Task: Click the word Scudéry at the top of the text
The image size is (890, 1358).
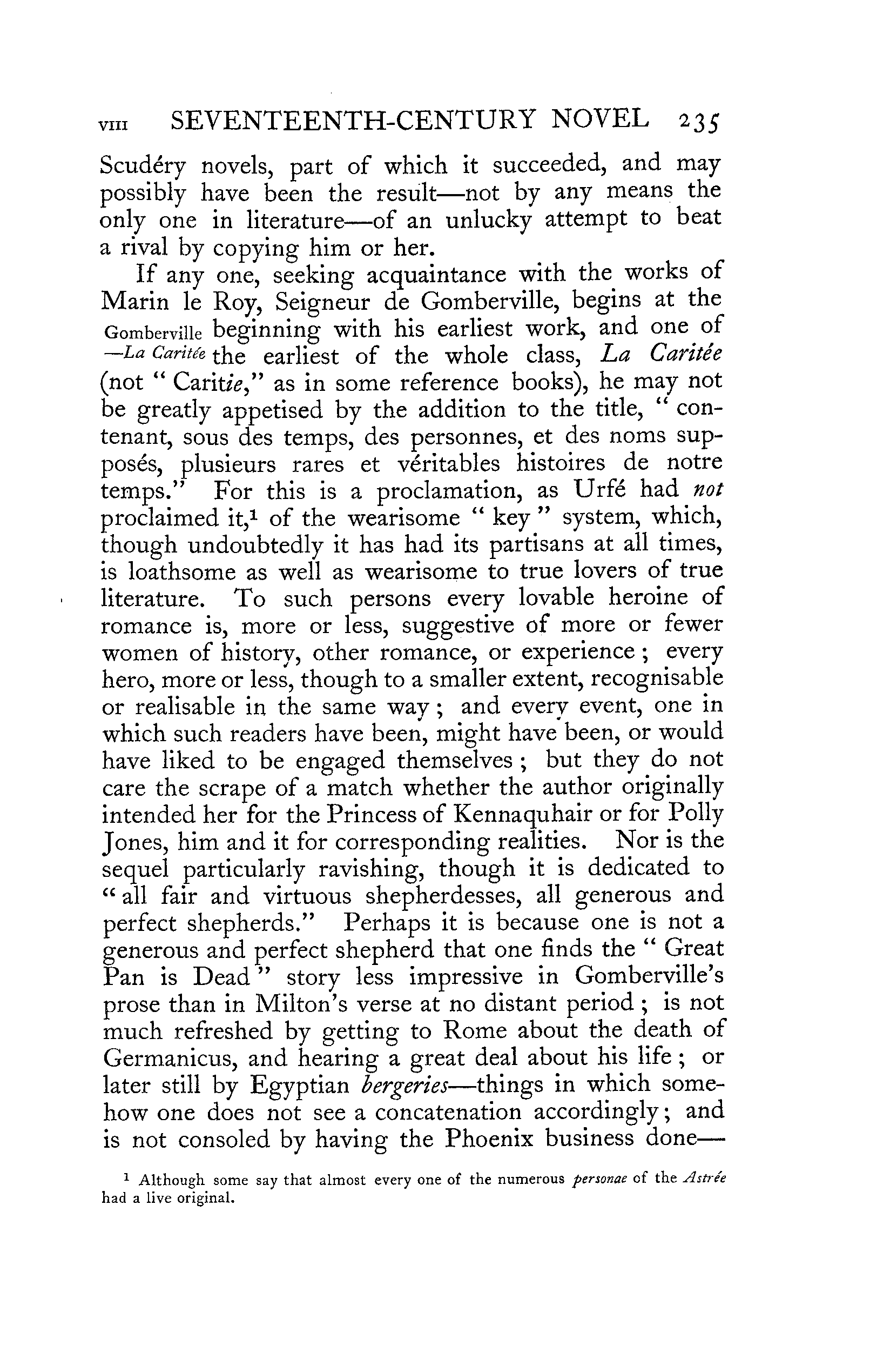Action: pos(143,167)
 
